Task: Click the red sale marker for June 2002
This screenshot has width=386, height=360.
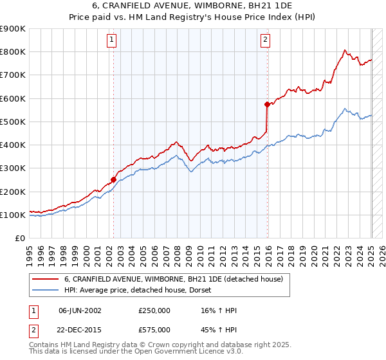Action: coord(114,180)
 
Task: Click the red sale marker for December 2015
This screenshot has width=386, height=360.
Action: coord(267,104)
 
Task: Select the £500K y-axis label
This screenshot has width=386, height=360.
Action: coord(13,122)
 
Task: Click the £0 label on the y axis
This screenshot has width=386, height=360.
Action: coord(19,238)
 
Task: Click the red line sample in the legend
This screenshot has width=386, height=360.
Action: coord(46,279)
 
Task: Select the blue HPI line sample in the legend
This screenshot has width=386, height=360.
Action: coord(46,290)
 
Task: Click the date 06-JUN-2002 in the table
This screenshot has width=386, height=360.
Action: coord(80,310)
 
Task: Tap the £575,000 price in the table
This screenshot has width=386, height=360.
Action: coord(154,329)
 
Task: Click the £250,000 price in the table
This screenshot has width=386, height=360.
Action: coord(154,310)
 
